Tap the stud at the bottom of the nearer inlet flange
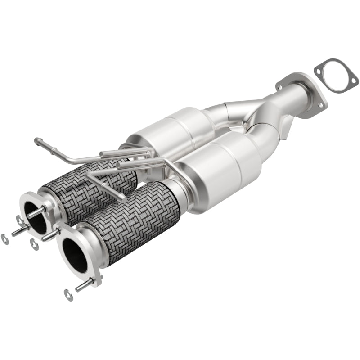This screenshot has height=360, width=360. coord(84,285)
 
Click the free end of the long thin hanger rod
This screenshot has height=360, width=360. coord(36,141)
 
